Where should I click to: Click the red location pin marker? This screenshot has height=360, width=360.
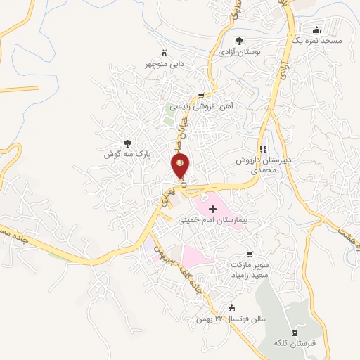click(181, 167)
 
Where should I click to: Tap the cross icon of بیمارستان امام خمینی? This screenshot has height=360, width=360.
click(213, 209)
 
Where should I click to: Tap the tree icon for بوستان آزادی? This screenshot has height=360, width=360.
click(240, 40)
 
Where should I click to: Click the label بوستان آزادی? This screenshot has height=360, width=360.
click(239, 52)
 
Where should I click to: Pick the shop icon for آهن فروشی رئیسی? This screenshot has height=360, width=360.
click(202, 96)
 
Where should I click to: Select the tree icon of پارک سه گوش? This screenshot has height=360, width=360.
click(127, 143)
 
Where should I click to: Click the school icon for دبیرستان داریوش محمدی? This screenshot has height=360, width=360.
click(264, 148)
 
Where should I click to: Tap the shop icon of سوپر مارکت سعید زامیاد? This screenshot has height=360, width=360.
click(247, 254)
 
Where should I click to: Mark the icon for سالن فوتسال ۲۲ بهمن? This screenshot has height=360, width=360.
click(232, 307)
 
